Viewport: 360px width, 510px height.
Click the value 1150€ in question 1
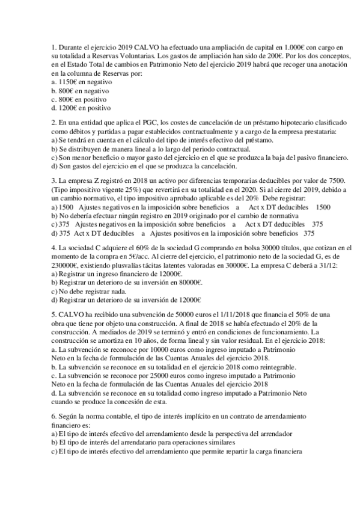(x=67, y=81)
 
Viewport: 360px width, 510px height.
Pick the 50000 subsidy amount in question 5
(x=162, y=315)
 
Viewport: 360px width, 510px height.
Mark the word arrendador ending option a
(x=274, y=434)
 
